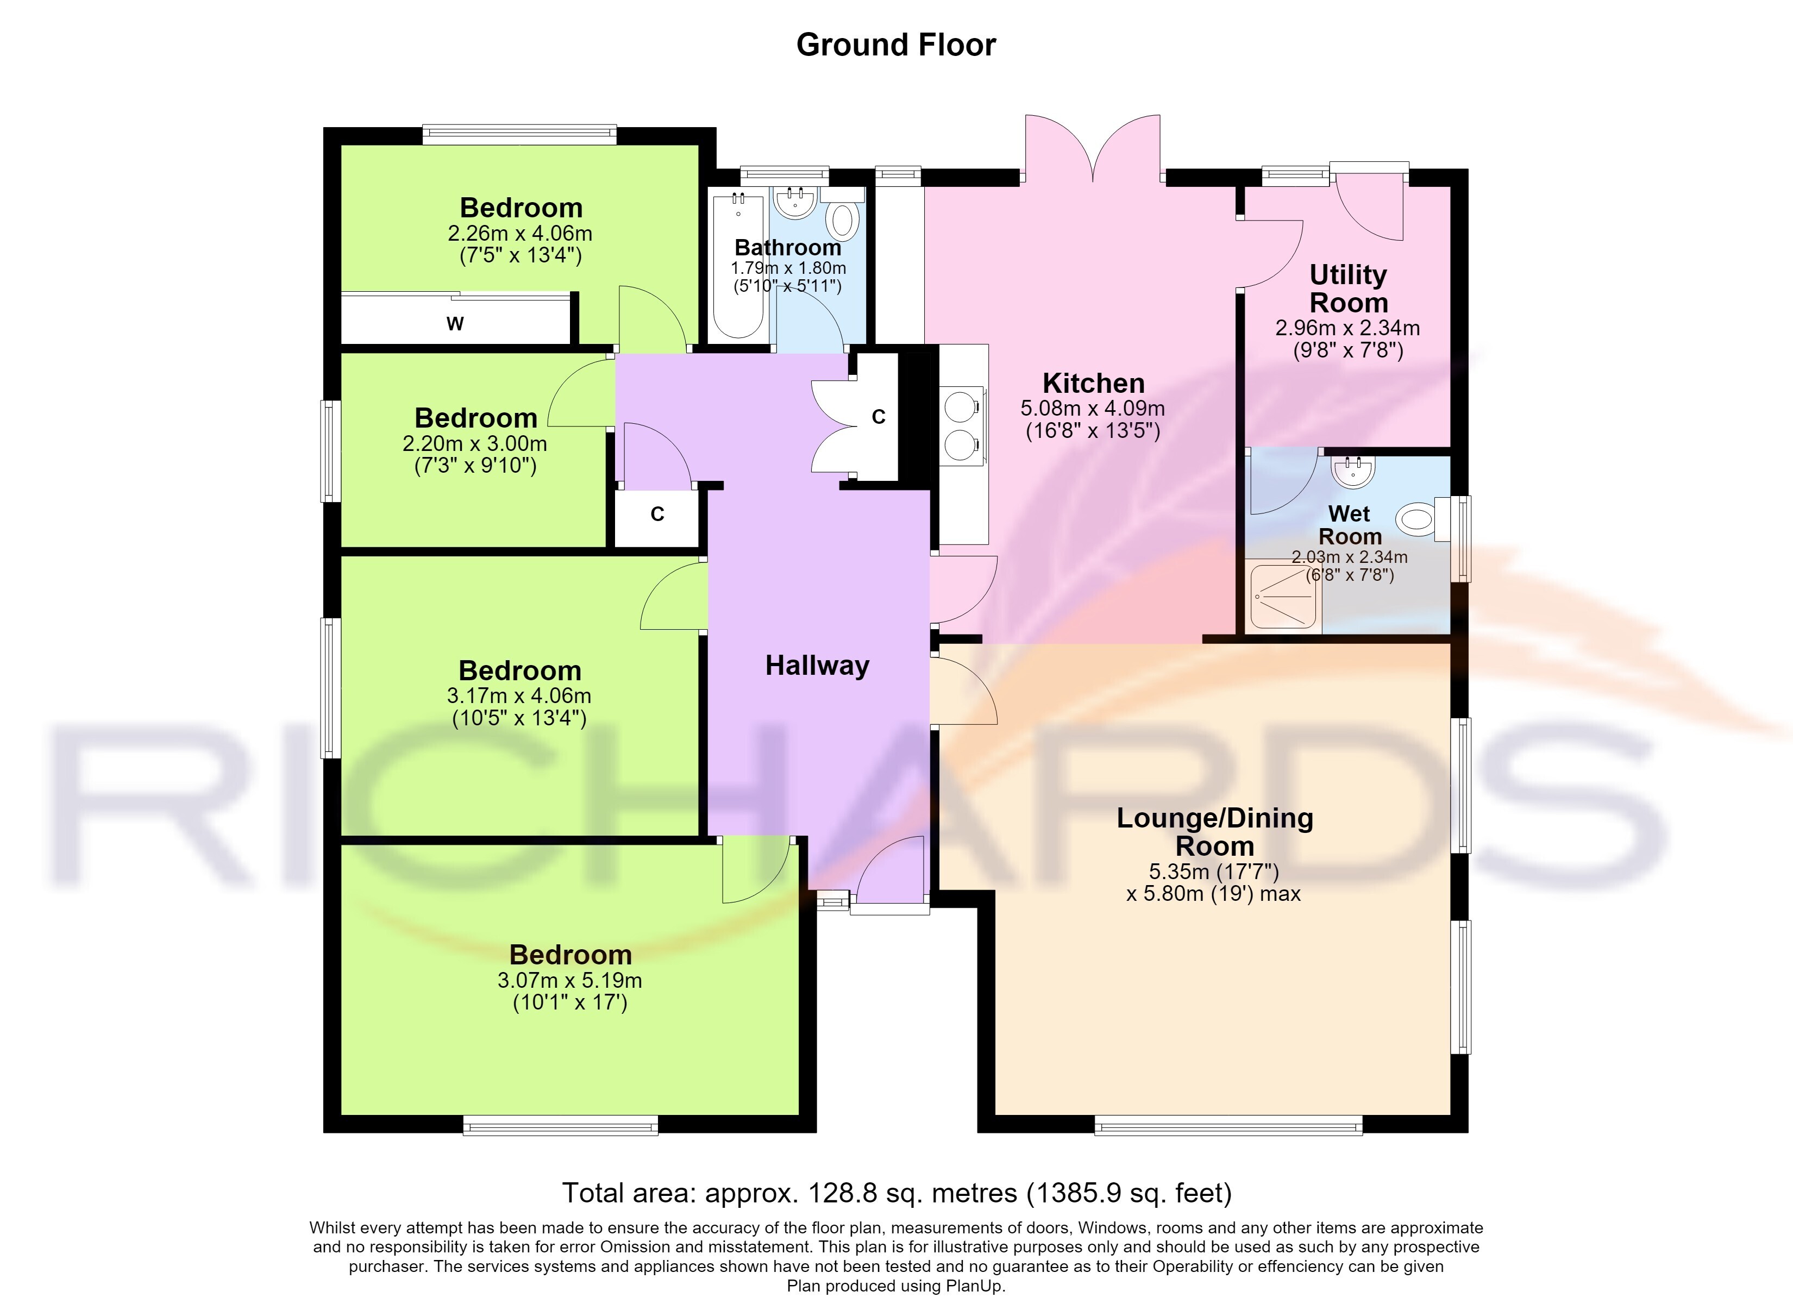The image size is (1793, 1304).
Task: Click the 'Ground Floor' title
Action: pos(896,46)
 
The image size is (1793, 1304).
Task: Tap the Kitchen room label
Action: pos(1093,384)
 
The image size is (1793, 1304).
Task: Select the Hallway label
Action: pos(817,666)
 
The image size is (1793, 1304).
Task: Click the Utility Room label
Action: pos(1349,289)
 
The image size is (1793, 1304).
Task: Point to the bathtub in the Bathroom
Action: pos(738,266)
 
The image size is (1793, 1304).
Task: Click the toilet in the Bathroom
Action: pos(844,220)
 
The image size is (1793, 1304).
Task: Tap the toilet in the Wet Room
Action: pos(1416,521)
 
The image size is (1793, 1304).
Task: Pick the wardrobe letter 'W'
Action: pos(455,323)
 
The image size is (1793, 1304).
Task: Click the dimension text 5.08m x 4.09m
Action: pos(1093,409)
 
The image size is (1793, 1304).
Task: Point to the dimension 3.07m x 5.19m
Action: pos(569,981)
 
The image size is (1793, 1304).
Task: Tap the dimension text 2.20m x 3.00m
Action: pos(475,443)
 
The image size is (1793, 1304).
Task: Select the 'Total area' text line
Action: pos(896,1193)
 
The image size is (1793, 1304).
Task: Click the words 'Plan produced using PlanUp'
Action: pos(896,1286)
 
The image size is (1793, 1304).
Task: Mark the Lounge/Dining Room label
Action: pos(1215,832)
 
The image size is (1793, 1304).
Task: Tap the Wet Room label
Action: pos(1350,525)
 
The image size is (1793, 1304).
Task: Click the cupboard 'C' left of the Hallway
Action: pos(657,515)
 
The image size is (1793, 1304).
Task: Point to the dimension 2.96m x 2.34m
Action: pos(1348,328)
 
